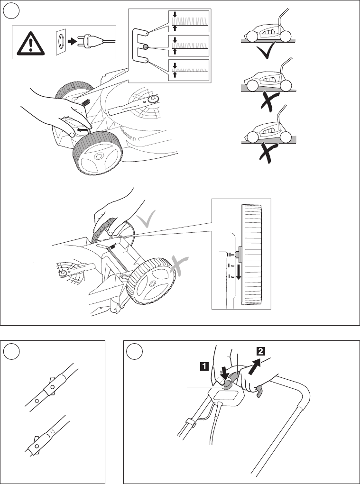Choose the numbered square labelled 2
(x=261, y=351)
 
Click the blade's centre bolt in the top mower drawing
(x=153, y=99)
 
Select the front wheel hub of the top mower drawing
(x=99, y=156)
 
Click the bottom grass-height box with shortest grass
(x=188, y=71)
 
